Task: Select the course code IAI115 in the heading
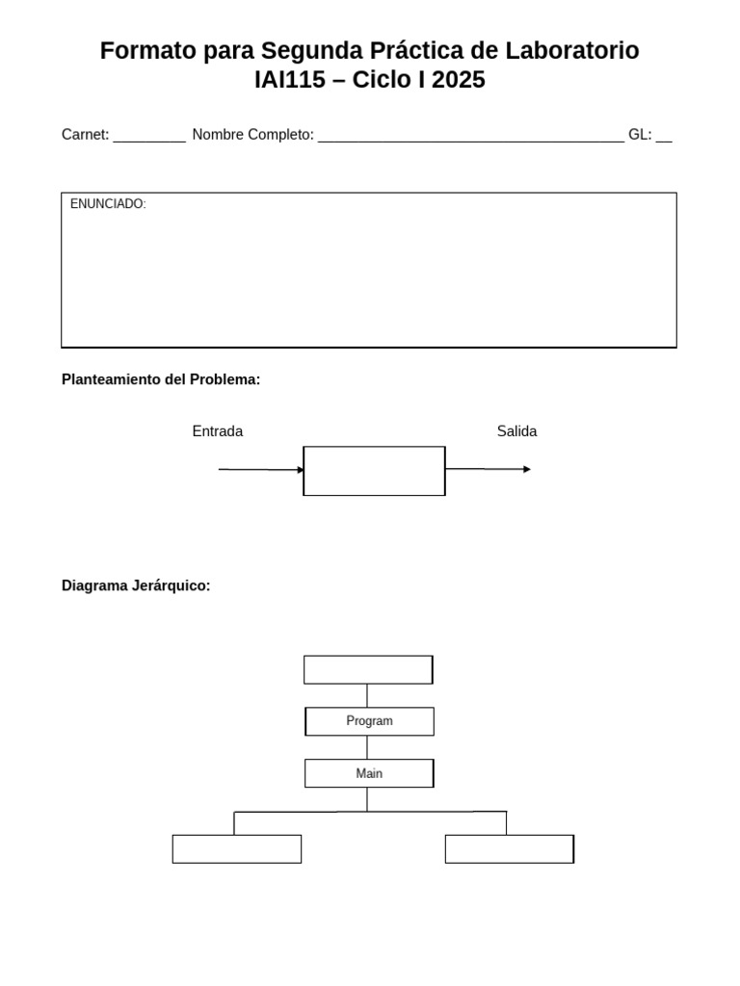click(x=290, y=81)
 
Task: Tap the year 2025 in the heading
click(x=459, y=81)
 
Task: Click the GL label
click(x=639, y=135)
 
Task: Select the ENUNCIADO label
click(x=108, y=204)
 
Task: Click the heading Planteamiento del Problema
click(x=161, y=379)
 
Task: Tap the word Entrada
click(x=218, y=431)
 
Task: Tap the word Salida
click(x=516, y=431)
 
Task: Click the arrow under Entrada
click(x=261, y=470)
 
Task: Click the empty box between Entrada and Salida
click(x=374, y=471)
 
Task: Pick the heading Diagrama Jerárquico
click(x=136, y=585)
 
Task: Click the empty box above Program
click(x=368, y=669)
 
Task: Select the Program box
click(x=369, y=721)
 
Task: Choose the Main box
click(x=369, y=773)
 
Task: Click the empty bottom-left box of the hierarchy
click(x=237, y=848)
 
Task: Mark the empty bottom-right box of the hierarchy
click(x=509, y=848)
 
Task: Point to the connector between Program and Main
click(x=367, y=747)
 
